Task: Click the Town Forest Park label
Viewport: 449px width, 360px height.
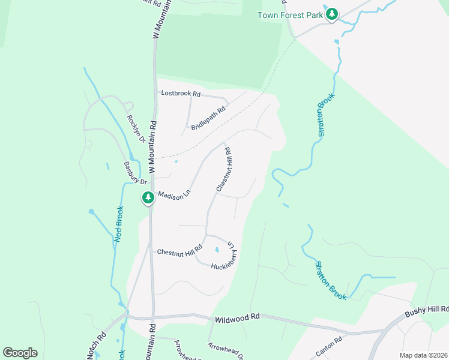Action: tap(291, 15)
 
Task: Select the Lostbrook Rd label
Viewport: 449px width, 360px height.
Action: tap(179, 93)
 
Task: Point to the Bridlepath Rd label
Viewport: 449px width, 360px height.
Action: tap(208, 118)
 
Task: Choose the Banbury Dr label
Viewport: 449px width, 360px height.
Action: tap(135, 173)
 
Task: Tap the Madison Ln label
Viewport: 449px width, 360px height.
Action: tap(173, 196)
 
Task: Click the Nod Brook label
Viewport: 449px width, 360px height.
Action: tap(119, 224)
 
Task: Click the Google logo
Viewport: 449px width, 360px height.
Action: tap(20, 353)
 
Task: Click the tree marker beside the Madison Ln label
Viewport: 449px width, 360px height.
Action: tap(148, 198)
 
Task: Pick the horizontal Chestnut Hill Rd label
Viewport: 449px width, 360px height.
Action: tap(179, 252)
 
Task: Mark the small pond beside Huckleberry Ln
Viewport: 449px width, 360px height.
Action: tap(216, 250)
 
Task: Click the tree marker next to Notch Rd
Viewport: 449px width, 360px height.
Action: tap(97, 354)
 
